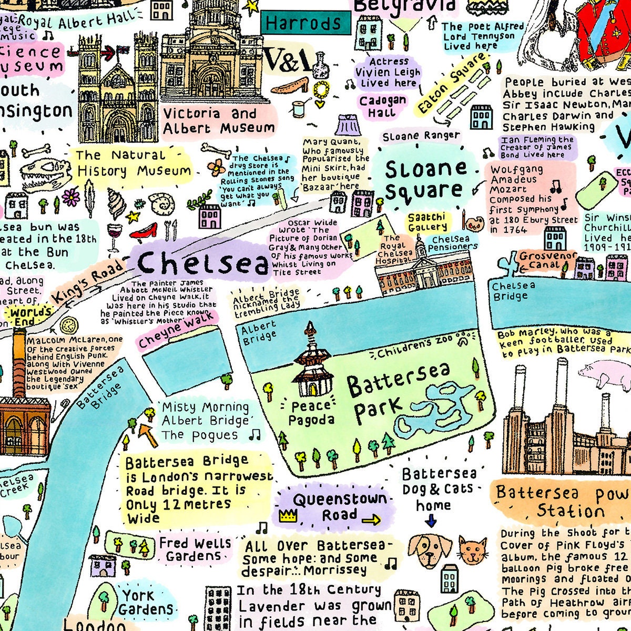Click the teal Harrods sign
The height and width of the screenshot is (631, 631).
[303, 24]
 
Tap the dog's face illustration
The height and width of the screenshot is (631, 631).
[430, 550]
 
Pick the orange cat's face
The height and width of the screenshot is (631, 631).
[473, 549]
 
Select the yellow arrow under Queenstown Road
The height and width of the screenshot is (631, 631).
[371, 521]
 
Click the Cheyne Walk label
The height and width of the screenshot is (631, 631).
[176, 329]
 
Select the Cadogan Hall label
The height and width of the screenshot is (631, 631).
[382, 106]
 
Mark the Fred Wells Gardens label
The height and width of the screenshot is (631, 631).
[195, 549]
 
